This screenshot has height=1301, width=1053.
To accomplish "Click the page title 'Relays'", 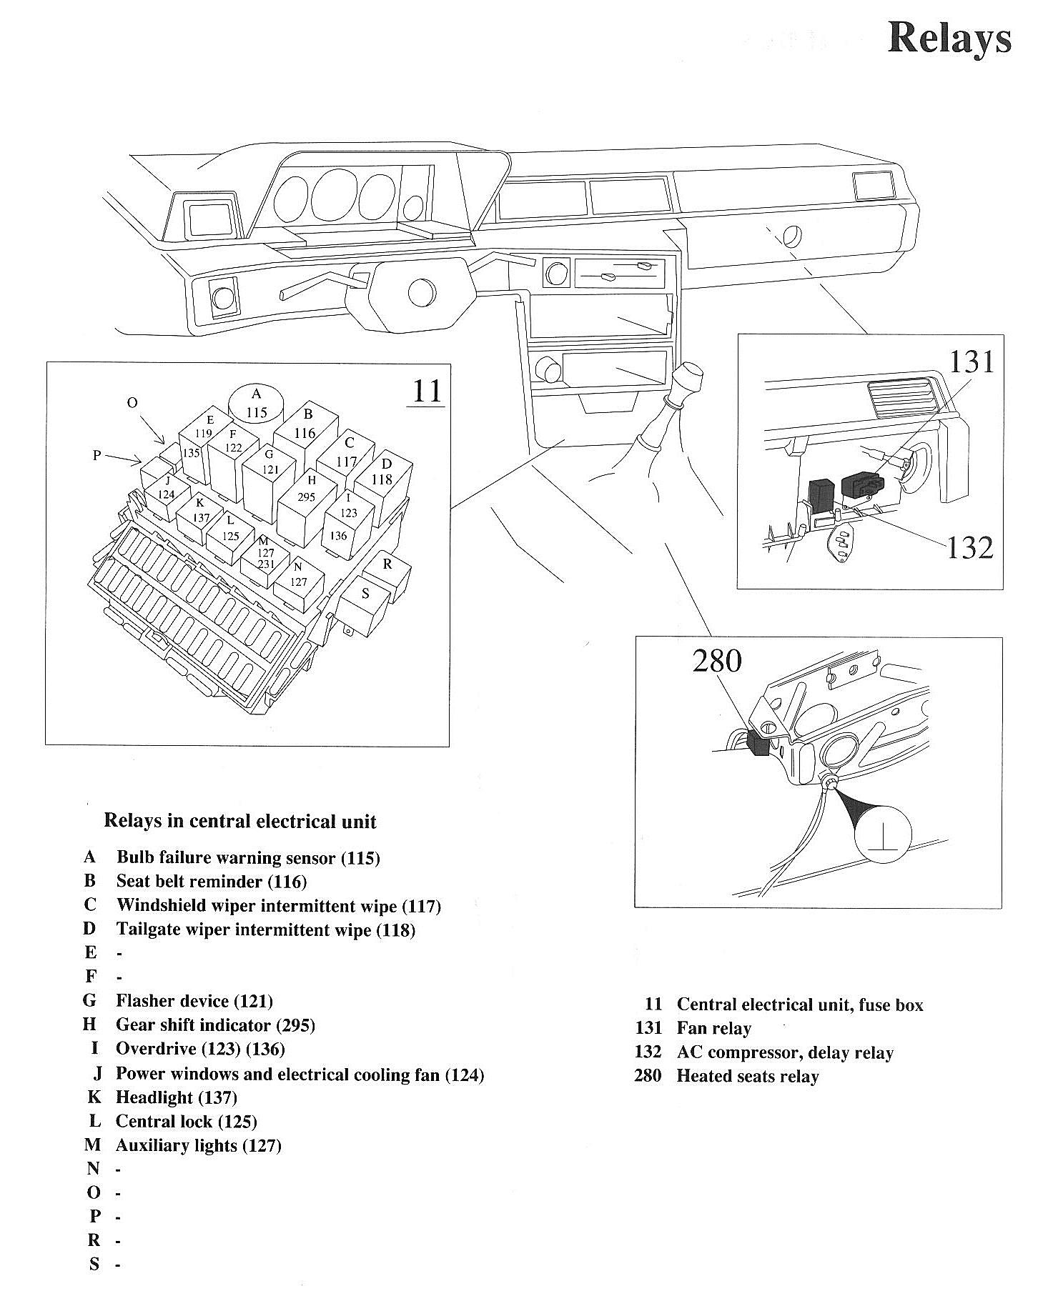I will [x=949, y=39].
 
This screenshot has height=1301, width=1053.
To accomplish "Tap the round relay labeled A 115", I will [x=256, y=404].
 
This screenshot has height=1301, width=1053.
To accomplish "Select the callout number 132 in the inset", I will [x=970, y=548].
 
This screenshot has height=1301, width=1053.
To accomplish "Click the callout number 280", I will [x=716, y=661].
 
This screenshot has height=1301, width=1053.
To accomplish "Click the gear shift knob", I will [x=687, y=378].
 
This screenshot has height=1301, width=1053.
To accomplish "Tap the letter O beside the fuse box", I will [x=132, y=404].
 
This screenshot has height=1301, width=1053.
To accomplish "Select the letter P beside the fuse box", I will [x=97, y=455].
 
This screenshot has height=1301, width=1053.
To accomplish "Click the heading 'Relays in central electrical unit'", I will [x=240, y=821].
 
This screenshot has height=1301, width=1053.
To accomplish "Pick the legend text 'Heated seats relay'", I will [x=747, y=1076].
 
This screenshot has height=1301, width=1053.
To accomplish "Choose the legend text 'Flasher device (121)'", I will [x=194, y=1001].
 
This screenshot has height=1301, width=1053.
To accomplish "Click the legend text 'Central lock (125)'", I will [x=186, y=1121].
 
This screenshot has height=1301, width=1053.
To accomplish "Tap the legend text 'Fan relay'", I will [x=713, y=1028].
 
